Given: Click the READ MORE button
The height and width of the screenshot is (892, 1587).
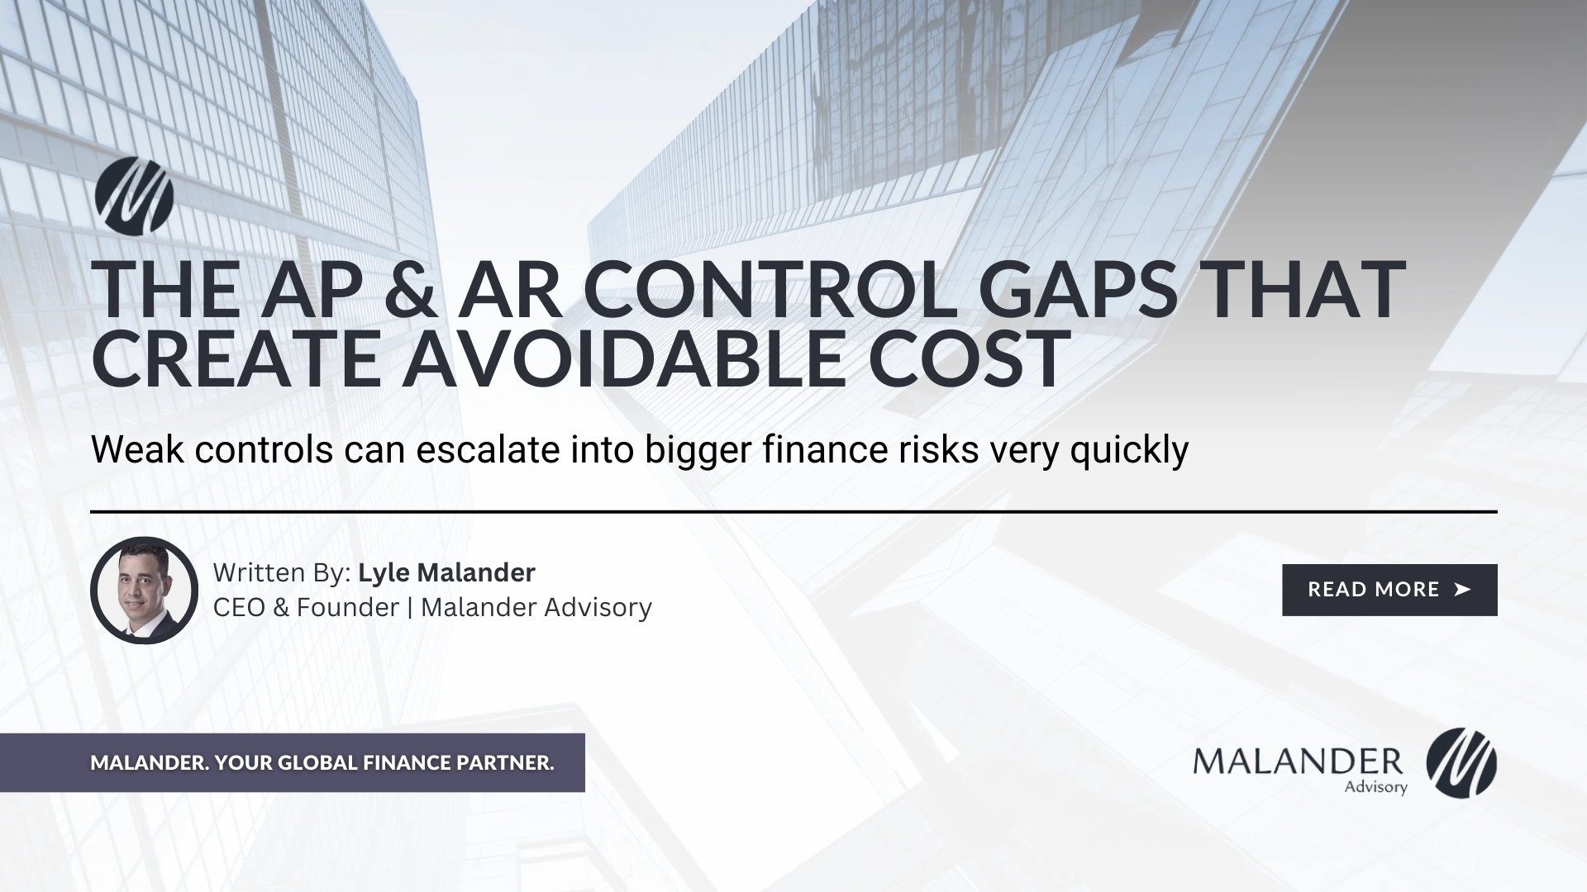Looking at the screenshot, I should [x=1389, y=590].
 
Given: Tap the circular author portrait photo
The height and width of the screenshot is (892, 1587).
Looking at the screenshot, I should [x=144, y=591].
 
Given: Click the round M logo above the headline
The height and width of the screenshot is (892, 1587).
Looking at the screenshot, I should [x=133, y=195].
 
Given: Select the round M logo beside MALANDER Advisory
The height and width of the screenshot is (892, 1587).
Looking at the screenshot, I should [x=1461, y=763].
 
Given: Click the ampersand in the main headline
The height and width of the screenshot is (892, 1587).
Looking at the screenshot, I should [x=410, y=290].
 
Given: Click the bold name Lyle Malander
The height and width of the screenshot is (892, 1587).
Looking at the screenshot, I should [x=446, y=572].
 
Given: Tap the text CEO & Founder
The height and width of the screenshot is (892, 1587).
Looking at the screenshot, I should [x=306, y=607].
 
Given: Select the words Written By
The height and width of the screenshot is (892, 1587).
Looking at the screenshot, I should [x=282, y=572].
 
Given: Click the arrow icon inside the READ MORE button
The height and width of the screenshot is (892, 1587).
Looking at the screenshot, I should [x=1461, y=590].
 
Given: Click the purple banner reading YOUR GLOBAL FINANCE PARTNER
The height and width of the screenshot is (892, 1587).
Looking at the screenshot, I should [x=322, y=762].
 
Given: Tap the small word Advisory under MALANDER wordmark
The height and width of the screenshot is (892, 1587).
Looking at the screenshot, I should [x=1375, y=786].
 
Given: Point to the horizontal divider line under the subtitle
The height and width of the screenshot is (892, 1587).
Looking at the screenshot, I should [x=793, y=512].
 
